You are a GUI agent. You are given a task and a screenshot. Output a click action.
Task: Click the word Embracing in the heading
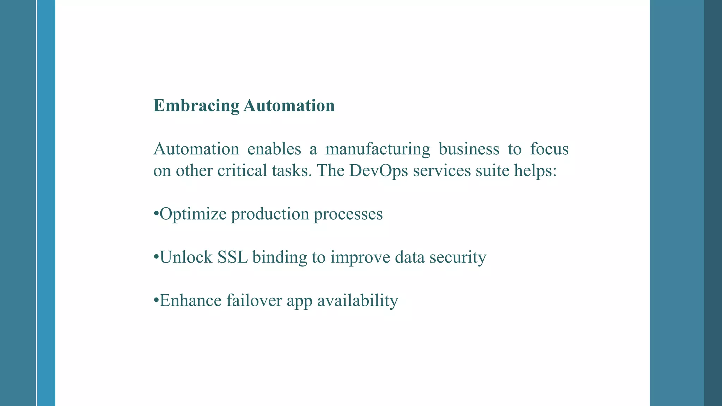(x=196, y=106)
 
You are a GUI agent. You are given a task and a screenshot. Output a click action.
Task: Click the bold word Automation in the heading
(x=289, y=106)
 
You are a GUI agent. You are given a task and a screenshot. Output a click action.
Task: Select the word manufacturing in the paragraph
(x=378, y=149)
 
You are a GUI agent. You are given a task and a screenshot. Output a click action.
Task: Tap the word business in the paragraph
(x=469, y=149)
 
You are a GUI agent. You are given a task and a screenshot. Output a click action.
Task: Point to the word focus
(x=549, y=149)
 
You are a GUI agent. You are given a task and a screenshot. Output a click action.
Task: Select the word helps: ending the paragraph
(x=536, y=171)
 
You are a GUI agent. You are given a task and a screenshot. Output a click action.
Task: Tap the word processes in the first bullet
(x=348, y=214)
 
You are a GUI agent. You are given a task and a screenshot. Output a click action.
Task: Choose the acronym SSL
(x=232, y=257)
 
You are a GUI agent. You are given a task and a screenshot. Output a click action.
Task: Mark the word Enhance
(x=190, y=301)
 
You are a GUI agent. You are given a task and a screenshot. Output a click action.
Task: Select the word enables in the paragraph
(x=274, y=149)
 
